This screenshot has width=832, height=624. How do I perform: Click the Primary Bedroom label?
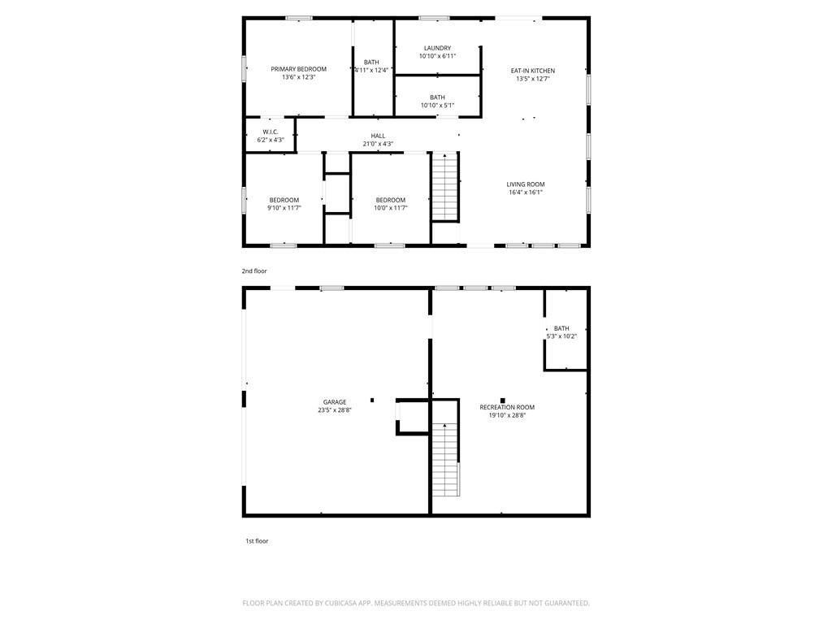click(299, 69)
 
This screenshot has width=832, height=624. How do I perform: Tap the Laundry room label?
click(437, 48)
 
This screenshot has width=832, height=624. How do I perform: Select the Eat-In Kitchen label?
click(533, 71)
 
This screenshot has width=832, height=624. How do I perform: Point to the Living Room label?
click(526, 184)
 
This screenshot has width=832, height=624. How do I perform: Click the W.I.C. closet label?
click(271, 132)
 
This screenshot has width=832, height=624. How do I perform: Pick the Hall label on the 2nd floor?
click(379, 136)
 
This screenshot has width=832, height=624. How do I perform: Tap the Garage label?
click(335, 402)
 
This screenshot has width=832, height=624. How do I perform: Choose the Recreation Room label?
click(507, 407)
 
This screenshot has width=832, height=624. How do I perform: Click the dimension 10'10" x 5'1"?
click(437, 105)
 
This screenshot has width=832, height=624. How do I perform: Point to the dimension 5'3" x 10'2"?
click(561, 336)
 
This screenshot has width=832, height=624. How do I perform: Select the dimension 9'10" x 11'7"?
click(284, 208)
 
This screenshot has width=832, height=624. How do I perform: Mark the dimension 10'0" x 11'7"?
click(391, 208)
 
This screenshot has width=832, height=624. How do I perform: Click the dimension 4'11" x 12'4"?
click(371, 70)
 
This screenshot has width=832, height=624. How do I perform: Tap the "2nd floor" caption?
click(254, 271)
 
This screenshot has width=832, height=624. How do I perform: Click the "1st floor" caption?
click(257, 541)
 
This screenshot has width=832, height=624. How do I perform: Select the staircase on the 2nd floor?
click(444, 186)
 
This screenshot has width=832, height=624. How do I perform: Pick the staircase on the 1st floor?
click(445, 459)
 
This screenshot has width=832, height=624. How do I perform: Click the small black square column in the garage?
click(372, 400)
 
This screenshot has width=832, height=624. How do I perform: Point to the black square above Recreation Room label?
click(502, 401)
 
